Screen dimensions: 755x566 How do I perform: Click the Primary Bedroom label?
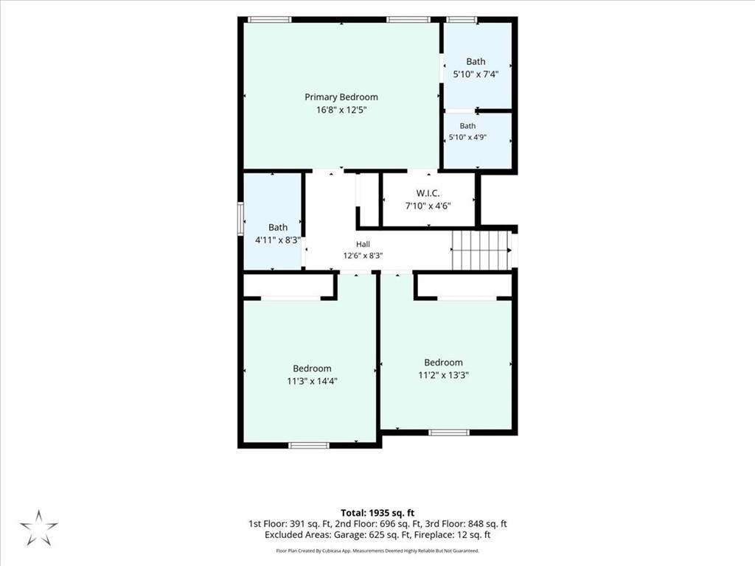341,97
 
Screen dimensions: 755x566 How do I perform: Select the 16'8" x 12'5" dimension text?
341,110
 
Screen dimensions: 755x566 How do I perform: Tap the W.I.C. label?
428,193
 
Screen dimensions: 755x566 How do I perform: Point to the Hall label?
363,244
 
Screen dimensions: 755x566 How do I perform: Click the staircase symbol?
481,251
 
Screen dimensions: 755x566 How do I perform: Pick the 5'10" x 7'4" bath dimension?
476,74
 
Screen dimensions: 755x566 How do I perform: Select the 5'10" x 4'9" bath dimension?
467,137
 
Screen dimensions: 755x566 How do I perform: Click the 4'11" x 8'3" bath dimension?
278,240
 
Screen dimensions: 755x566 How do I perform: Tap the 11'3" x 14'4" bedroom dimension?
312,381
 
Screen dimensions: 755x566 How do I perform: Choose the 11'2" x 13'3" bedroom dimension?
443,375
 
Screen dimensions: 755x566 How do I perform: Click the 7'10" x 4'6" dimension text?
428,206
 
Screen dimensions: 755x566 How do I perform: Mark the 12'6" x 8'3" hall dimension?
363,256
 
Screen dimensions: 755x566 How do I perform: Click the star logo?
38,528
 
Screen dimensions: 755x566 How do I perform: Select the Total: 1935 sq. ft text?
377,513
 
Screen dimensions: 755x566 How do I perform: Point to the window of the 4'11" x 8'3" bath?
241,218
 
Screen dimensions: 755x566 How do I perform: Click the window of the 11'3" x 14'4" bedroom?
309,445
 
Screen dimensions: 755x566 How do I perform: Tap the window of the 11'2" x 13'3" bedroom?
449,432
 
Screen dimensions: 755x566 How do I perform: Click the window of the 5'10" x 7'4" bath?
462,20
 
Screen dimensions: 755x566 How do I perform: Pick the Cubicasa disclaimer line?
377,551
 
